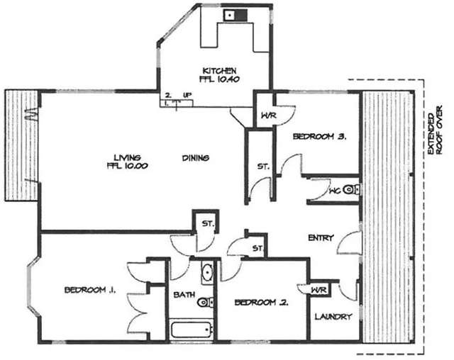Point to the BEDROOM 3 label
point(319,138)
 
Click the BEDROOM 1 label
point(90,290)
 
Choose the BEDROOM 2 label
point(261,303)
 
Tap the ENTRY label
point(321,238)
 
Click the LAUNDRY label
point(333,317)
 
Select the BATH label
point(180,296)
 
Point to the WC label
point(336,191)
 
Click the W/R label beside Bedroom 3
point(267,116)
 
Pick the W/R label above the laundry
point(319,289)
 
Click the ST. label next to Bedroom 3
point(262,167)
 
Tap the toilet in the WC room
point(355,189)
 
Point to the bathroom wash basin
point(206,271)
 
